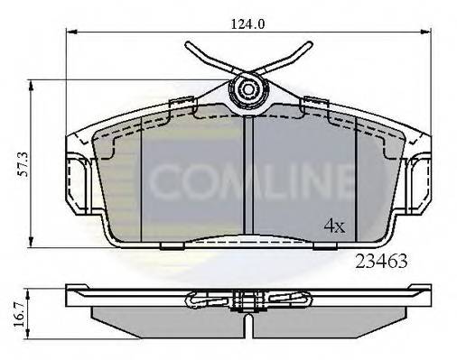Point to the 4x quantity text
(x=333, y=225)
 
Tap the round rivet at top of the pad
(x=249, y=88)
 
